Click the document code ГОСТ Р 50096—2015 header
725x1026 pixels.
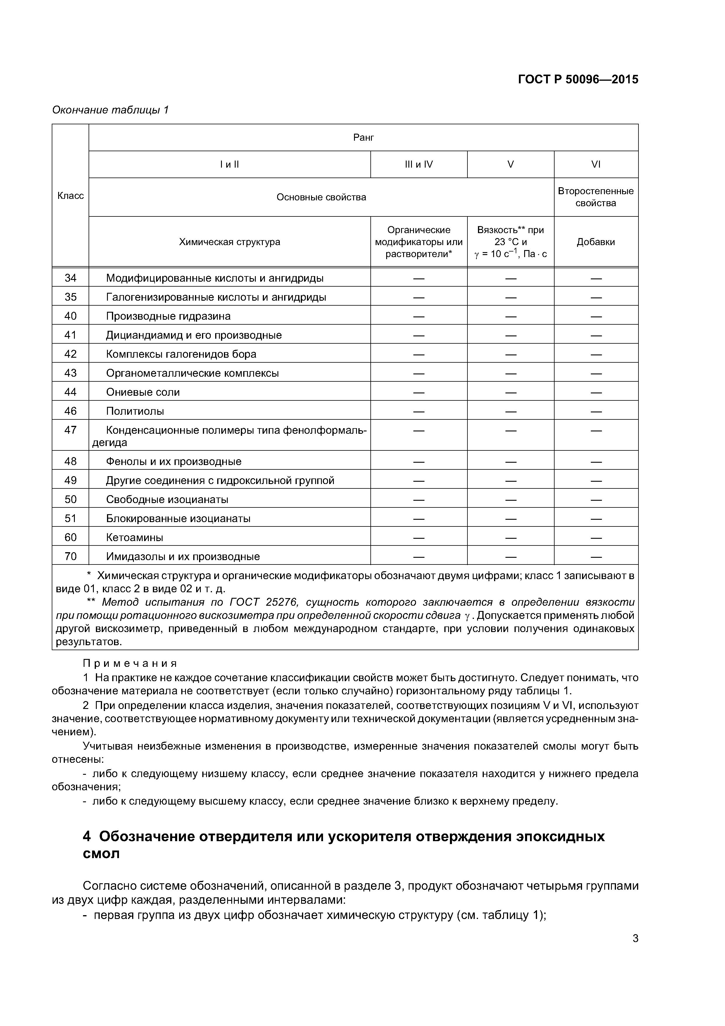(578, 80)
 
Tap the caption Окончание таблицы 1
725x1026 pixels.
(110, 110)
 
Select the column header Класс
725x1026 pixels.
(70, 196)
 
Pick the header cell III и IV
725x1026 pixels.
(419, 164)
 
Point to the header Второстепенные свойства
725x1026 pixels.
(595, 197)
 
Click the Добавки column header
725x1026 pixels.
(595, 242)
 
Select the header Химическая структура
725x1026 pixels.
(229, 242)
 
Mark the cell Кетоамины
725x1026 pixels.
(134, 537)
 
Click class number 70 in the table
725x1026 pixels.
(70, 556)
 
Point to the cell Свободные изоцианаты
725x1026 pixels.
(167, 499)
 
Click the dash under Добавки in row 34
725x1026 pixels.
(596, 278)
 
